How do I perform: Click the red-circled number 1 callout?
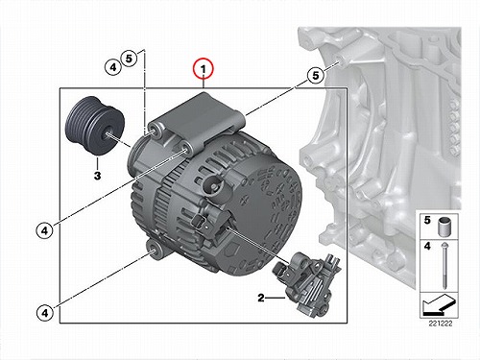[x=204, y=68]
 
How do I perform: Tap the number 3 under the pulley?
[x=97, y=176]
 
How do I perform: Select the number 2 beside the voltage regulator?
[x=261, y=298]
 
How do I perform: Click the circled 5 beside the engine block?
[x=316, y=76]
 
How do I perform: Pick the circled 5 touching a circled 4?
[x=129, y=59]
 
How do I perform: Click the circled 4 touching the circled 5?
[x=113, y=67]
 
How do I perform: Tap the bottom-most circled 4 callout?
[x=44, y=313]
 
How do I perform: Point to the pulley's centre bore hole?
[x=107, y=134]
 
